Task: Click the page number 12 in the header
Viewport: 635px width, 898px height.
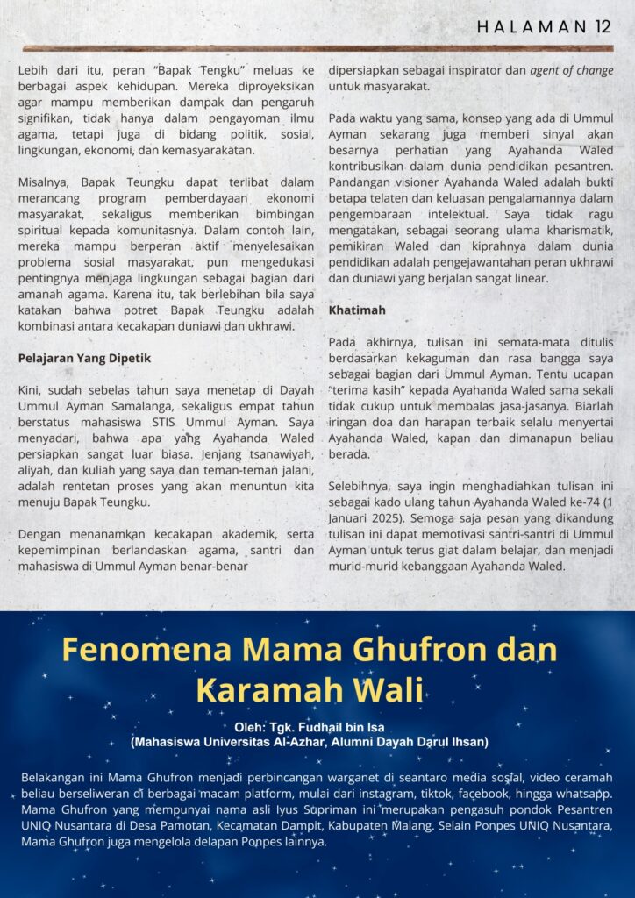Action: click(x=601, y=26)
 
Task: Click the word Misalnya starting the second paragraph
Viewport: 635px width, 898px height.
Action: click(x=44, y=182)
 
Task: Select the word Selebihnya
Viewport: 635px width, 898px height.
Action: click(x=360, y=487)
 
